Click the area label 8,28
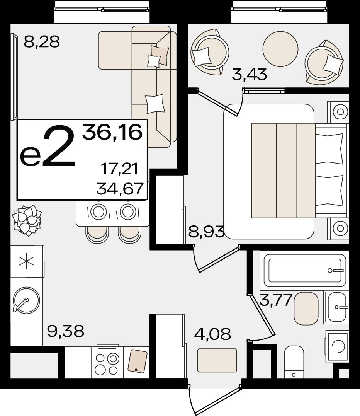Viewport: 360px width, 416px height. (42, 42)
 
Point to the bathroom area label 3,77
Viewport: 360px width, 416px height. (276, 300)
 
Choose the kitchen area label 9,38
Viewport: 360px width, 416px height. (66, 331)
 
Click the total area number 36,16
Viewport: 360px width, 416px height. (112, 132)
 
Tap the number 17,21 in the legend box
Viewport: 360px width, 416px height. (120, 169)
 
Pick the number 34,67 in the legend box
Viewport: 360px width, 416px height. (120, 189)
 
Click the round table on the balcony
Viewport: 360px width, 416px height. (280, 49)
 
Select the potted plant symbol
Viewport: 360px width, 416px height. (27, 220)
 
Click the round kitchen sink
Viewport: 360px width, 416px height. (26, 300)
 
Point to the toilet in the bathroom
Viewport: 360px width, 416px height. (294, 362)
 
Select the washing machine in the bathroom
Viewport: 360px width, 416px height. (337, 347)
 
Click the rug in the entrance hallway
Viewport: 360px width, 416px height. (217, 360)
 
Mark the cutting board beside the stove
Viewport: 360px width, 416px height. (138, 361)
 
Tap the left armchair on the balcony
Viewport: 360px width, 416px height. (209, 52)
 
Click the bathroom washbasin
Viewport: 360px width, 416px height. (336, 307)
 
